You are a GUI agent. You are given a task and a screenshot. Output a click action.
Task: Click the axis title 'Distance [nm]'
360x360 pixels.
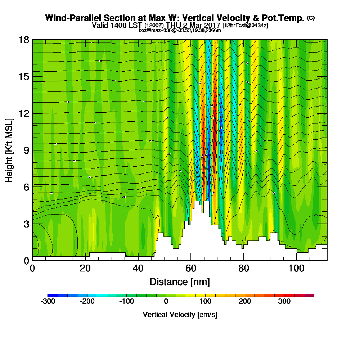click(180, 282)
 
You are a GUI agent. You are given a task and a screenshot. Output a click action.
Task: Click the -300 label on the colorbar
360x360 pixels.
click(48, 301)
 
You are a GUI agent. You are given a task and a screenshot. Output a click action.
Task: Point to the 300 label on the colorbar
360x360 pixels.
click(284, 301)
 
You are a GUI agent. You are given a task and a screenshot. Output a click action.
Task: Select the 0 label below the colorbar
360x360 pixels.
click(166, 301)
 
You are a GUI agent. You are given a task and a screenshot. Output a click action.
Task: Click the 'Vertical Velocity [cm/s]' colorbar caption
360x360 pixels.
click(180, 315)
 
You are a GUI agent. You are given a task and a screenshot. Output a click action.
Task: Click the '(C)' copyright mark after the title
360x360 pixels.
click(311, 18)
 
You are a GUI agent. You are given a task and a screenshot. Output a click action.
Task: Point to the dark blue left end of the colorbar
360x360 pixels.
click(50, 295)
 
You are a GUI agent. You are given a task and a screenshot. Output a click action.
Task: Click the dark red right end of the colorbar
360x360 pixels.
click(311, 295)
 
